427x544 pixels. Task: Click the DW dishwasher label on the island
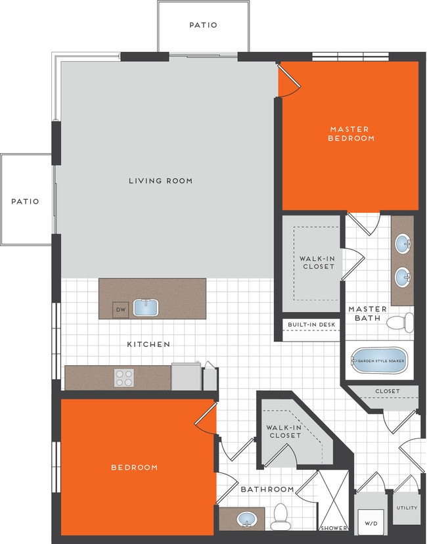tap(120, 309)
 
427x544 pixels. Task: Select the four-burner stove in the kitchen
tap(124, 378)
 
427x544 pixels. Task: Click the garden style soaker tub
tap(380, 361)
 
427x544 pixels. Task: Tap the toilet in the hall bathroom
tap(281, 517)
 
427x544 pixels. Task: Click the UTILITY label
tap(406, 508)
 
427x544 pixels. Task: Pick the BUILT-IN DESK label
tap(311, 325)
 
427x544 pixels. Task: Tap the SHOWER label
tap(334, 528)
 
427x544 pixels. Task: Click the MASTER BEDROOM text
tap(351, 134)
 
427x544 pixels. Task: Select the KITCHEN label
tap(148, 344)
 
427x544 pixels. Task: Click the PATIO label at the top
tap(203, 25)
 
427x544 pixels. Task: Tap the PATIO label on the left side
tap(25, 202)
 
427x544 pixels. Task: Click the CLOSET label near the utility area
tap(387, 392)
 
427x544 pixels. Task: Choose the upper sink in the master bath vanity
tap(403, 245)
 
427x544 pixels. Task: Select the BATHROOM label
tap(267, 489)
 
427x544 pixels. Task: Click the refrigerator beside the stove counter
tap(184, 377)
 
